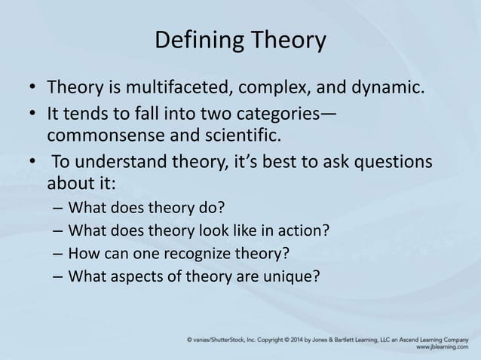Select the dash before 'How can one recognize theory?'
tap(58, 252)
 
